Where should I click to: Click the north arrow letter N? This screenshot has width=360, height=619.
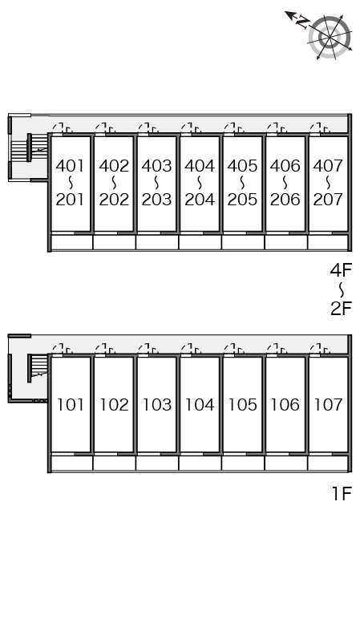[x=302, y=22]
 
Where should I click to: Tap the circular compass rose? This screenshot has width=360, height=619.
[x=330, y=37]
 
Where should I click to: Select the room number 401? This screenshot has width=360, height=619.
[x=71, y=166]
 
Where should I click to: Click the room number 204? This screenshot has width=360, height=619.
[x=200, y=200]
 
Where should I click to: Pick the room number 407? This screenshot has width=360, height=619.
[x=328, y=166]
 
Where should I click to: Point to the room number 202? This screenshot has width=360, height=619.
[x=114, y=200]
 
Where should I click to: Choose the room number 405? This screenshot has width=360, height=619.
[x=242, y=166]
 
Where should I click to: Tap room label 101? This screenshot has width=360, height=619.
[x=71, y=405]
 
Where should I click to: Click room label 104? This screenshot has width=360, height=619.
[x=200, y=405]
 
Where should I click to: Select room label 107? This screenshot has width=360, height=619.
[x=328, y=405]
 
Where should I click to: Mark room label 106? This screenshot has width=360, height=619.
[x=285, y=405]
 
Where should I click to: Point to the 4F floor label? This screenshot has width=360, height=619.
[x=341, y=270]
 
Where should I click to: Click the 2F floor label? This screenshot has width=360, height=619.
[x=341, y=309]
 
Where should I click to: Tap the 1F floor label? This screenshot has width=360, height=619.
[x=342, y=493]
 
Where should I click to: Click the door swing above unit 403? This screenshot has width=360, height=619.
[x=148, y=128]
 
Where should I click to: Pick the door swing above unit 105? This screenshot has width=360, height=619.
[x=234, y=349]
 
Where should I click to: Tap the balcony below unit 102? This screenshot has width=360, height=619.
[x=114, y=463]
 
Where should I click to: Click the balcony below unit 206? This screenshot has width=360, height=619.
[x=285, y=242]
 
